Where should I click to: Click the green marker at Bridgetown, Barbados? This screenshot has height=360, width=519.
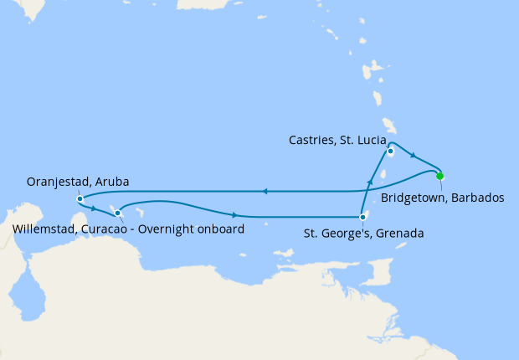(x=439, y=176)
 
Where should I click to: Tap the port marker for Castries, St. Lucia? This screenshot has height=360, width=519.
(x=391, y=152)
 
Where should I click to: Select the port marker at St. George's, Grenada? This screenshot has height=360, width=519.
(x=362, y=218)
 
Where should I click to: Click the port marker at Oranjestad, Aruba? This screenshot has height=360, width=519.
(x=79, y=198)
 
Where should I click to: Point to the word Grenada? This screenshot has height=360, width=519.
(x=400, y=234)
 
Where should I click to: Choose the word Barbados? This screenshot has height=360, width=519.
(x=475, y=198)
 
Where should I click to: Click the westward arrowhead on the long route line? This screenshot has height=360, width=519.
(x=264, y=191)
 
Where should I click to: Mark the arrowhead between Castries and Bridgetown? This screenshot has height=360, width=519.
(x=413, y=156)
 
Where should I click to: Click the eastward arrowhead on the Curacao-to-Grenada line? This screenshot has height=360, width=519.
(x=234, y=215)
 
